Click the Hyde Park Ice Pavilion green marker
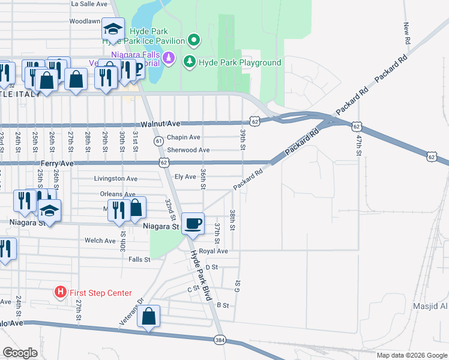click(x=193, y=41)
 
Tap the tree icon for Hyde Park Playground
click(x=190, y=62)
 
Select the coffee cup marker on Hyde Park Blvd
click(x=193, y=224)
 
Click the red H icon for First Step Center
click(x=61, y=293)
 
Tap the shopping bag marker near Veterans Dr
click(x=149, y=316)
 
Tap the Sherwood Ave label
click(x=188, y=150)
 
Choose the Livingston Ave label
click(x=116, y=178)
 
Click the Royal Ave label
click(x=214, y=251)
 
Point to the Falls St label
click(x=139, y=259)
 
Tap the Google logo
click(x=20, y=352)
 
